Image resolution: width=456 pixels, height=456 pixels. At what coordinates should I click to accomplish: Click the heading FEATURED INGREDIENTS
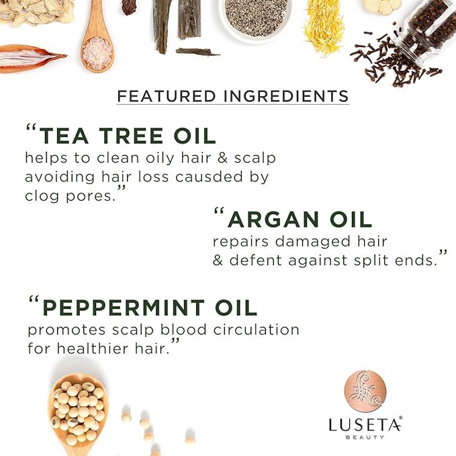(233, 95)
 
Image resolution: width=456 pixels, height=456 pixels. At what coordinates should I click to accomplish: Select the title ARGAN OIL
(300, 219)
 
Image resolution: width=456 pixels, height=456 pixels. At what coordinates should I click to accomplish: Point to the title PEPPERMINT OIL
(149, 308)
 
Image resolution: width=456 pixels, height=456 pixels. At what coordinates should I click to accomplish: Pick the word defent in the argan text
(257, 260)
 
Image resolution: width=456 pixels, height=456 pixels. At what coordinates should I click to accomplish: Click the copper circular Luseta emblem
(365, 390)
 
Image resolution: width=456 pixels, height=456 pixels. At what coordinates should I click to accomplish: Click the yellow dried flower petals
(324, 26)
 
